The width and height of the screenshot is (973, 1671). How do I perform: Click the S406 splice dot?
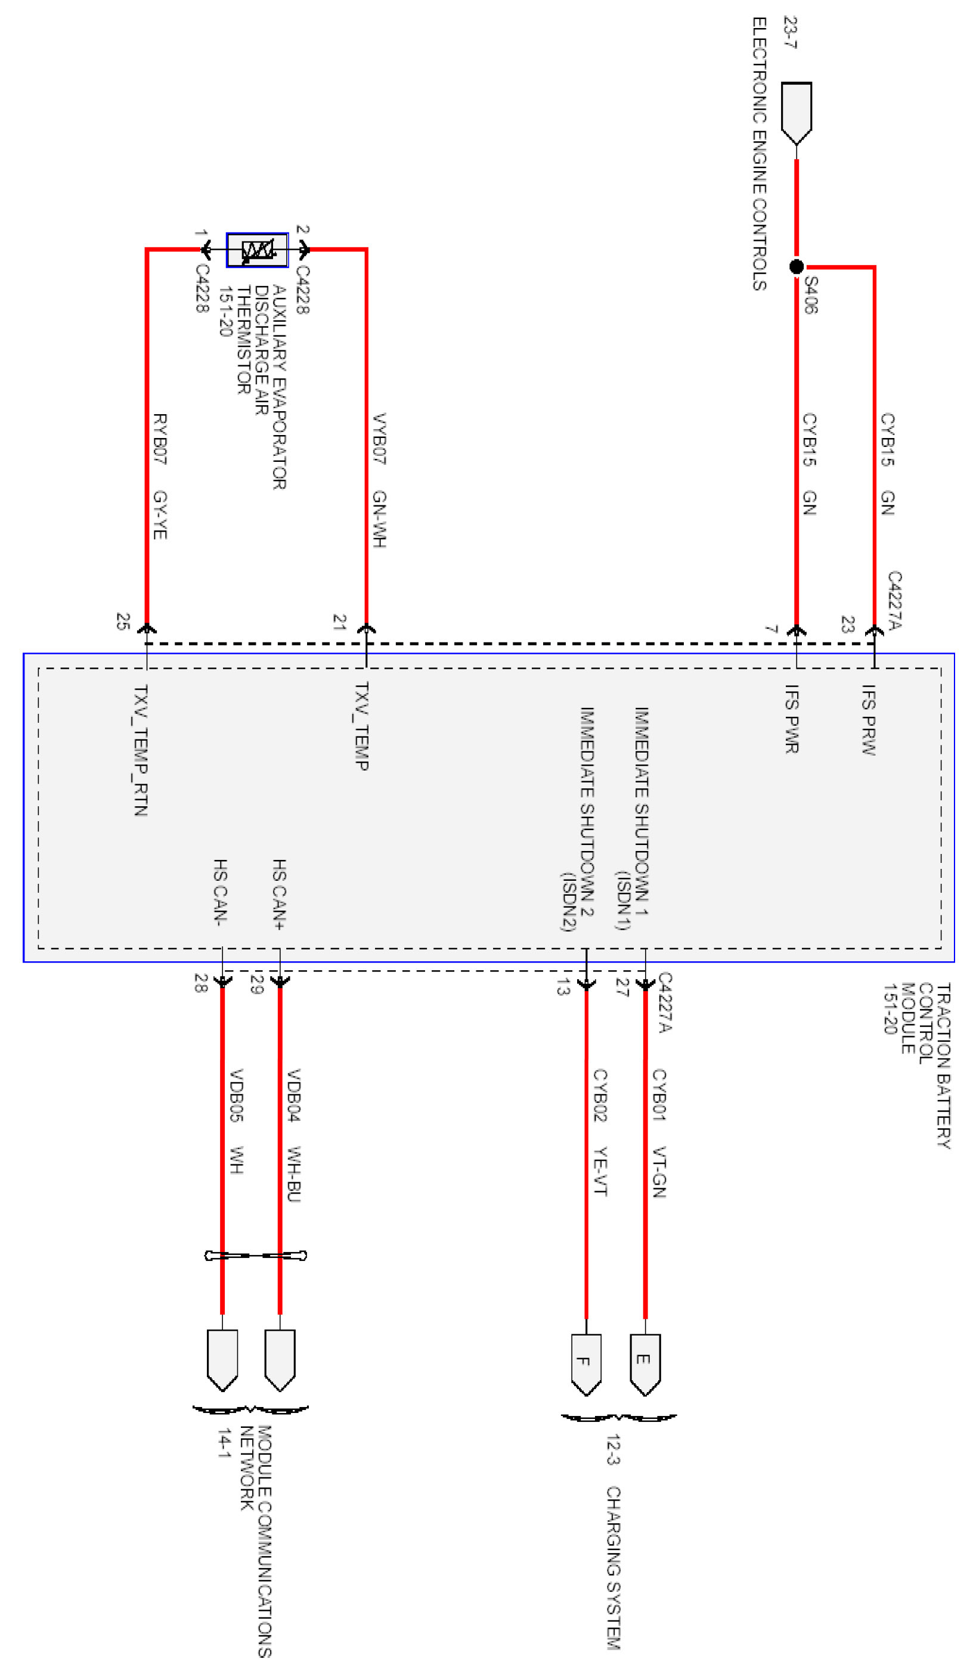(x=796, y=266)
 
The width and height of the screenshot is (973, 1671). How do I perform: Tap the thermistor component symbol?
(x=257, y=250)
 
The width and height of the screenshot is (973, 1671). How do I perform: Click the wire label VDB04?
(x=294, y=1095)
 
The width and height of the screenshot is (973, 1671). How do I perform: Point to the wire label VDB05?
(x=235, y=1095)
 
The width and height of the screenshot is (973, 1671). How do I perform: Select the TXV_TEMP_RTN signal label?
(x=141, y=749)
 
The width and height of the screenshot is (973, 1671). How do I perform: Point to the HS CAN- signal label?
(x=221, y=892)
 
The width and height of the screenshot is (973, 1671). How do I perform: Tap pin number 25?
(x=123, y=622)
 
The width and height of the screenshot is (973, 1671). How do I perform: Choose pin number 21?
(x=340, y=622)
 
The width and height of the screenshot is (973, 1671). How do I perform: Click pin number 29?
(x=257, y=984)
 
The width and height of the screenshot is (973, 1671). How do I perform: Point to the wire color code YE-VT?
(x=600, y=1170)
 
